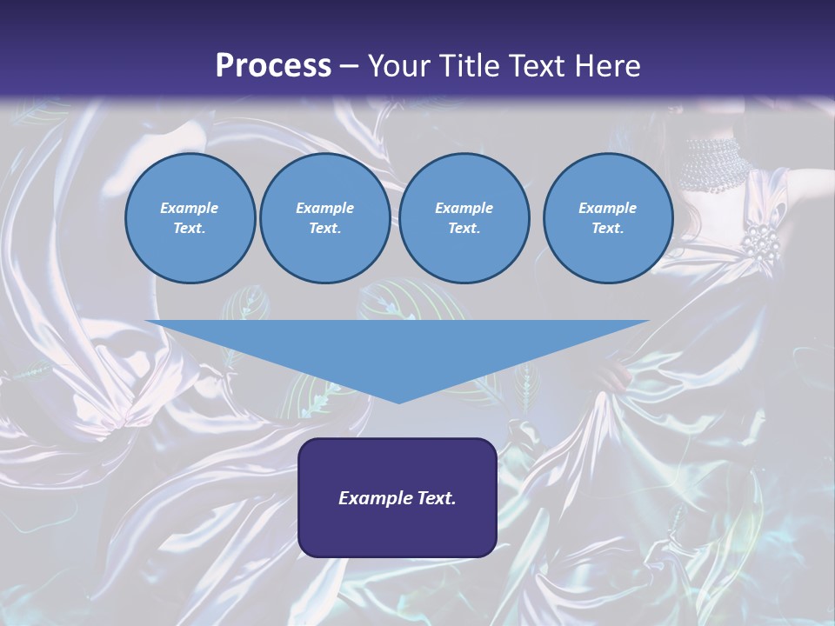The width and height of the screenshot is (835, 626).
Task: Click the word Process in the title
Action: [x=273, y=66]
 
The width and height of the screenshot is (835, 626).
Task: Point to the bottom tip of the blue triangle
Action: [x=398, y=402]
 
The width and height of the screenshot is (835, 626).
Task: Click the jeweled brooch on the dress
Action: [x=761, y=243]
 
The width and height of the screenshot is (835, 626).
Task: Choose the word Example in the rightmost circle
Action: [x=607, y=208]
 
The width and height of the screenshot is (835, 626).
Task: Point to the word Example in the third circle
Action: [x=464, y=208]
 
